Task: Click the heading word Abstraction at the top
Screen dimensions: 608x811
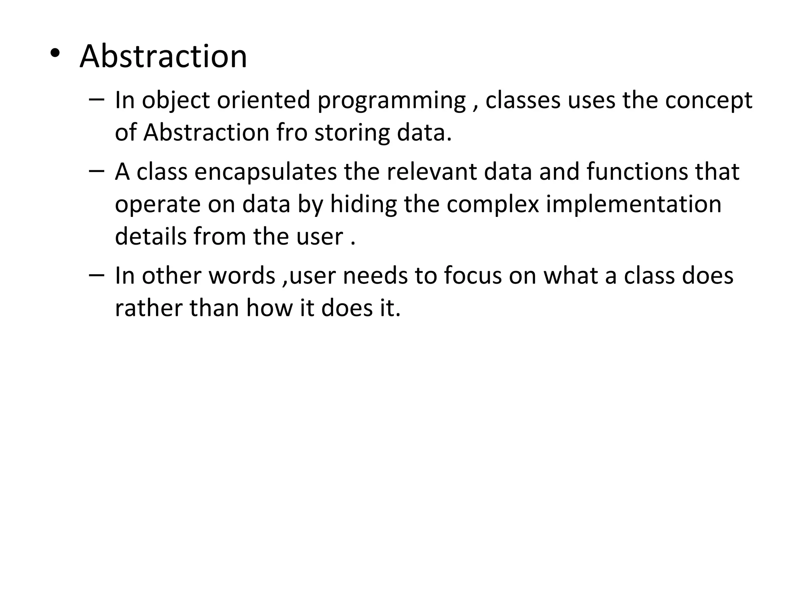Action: pos(163,57)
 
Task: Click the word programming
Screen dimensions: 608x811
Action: pos(391,101)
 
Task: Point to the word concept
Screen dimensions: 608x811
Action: pos(708,101)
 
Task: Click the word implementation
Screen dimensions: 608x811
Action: pos(634,205)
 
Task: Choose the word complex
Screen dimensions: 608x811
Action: pos(493,205)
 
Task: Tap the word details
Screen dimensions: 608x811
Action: pos(150,237)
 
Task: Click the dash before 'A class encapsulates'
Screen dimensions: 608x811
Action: pos(97,171)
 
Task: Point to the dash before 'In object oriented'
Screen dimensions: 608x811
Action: pos(97,99)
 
